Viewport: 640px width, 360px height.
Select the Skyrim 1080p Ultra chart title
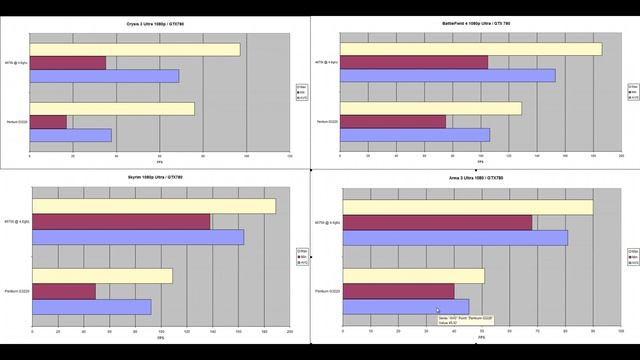pyautogui.click(x=161, y=177)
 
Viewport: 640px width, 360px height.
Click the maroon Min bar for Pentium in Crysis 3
pyautogui.click(x=48, y=122)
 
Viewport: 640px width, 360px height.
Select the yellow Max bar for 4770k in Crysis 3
pyautogui.click(x=135, y=50)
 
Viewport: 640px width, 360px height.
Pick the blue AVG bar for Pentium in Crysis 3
pyautogui.click(x=70, y=135)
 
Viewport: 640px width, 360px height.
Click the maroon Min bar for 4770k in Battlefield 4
pyautogui.click(x=415, y=62)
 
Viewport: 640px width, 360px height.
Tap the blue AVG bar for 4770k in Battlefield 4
pyautogui.click(x=449, y=75)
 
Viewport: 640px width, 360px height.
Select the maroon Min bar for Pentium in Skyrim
pyautogui.click(x=64, y=291)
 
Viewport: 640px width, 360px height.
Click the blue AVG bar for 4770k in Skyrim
pyautogui.click(x=138, y=237)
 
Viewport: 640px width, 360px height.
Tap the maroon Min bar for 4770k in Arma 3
pyautogui.click(x=438, y=222)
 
